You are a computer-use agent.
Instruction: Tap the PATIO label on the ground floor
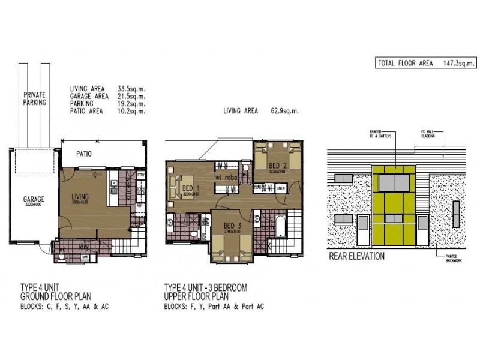[x=83, y=154]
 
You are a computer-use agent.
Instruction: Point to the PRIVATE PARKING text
[x=35, y=98]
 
